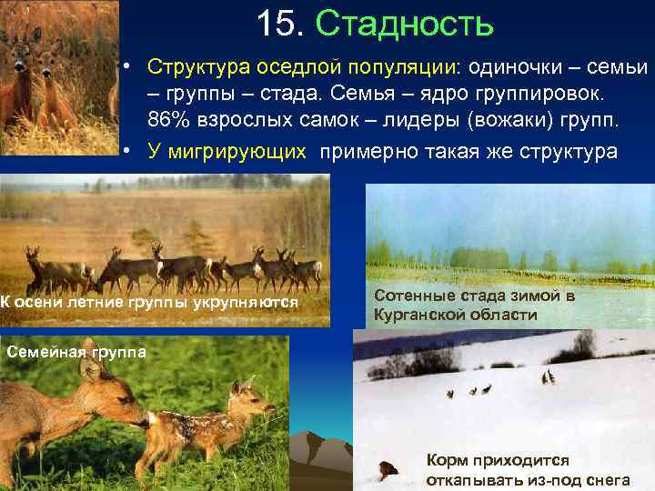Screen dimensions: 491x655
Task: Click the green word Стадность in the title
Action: click(x=404, y=25)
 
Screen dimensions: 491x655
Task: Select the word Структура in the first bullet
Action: click(x=193, y=68)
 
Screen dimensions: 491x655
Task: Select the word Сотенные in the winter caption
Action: click(x=410, y=296)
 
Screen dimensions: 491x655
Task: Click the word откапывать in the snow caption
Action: click(x=473, y=480)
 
